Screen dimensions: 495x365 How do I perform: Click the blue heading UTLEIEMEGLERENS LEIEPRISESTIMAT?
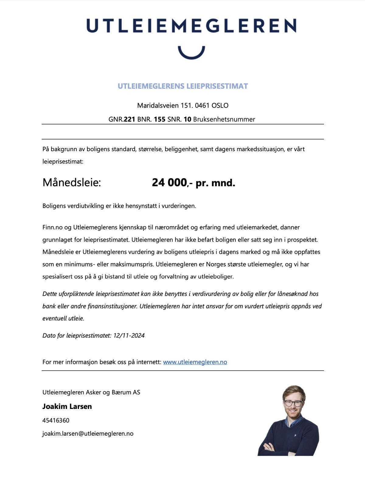point(183,86)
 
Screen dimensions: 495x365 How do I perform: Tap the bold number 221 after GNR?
point(129,119)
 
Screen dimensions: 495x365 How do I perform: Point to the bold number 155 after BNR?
point(159,119)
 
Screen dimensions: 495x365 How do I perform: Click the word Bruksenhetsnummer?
point(224,119)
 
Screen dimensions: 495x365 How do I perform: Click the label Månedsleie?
point(71,182)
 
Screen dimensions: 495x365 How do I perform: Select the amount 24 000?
point(169,182)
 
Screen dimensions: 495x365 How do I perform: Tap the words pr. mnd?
point(215,183)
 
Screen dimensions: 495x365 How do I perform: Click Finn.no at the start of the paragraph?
point(53,227)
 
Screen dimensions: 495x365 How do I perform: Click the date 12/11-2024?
point(129,335)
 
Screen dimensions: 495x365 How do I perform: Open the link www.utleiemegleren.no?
point(195,362)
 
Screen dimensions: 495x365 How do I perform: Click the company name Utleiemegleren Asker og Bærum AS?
point(91,392)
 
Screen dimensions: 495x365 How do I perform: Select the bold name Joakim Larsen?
point(67,406)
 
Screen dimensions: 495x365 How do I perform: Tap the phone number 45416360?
point(56,420)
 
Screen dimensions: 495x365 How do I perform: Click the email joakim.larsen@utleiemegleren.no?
point(88,434)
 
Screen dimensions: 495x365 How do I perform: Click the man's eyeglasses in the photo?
point(294,403)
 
